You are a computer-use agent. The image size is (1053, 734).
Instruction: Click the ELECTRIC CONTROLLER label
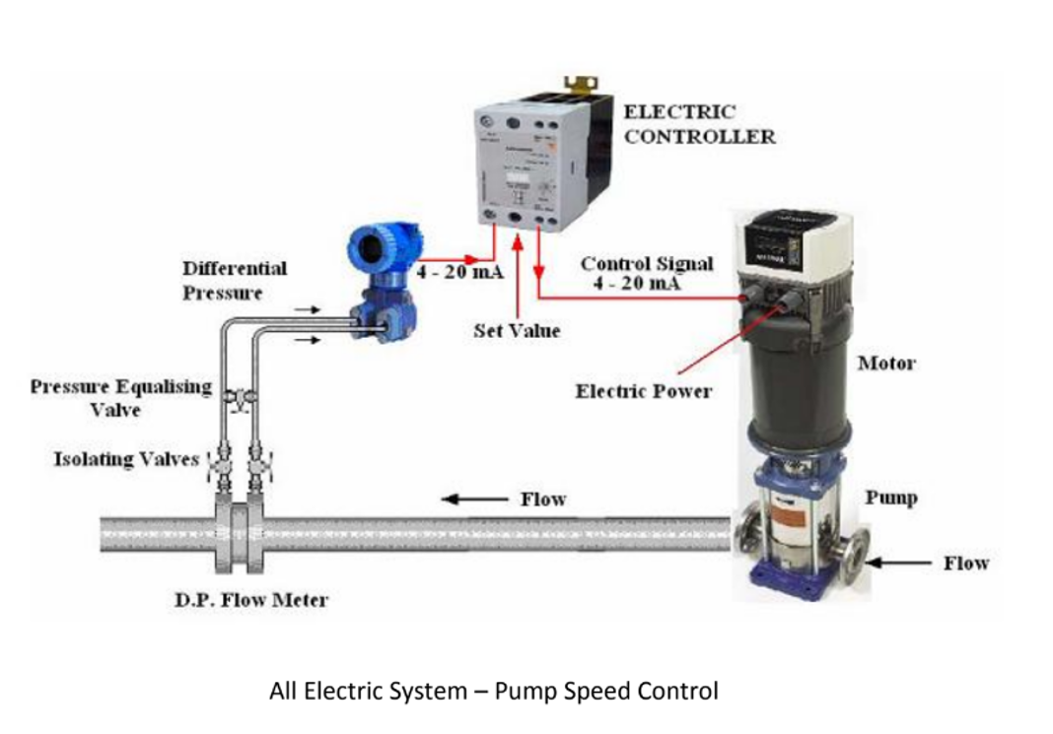point(699,124)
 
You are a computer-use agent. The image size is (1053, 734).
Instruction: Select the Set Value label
point(517,331)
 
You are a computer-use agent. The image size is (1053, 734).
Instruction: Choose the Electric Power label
point(644,391)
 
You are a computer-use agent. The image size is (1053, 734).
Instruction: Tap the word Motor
point(885,364)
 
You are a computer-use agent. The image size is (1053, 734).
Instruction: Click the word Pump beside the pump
point(890,498)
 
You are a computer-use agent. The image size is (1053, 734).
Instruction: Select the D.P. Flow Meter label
point(250,599)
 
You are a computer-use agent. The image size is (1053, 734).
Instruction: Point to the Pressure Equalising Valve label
point(120,396)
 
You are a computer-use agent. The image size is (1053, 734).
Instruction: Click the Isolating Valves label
point(126,459)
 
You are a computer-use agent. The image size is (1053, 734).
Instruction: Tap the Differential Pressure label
point(235,280)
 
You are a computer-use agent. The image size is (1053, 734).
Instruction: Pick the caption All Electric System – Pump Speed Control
point(493,691)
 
